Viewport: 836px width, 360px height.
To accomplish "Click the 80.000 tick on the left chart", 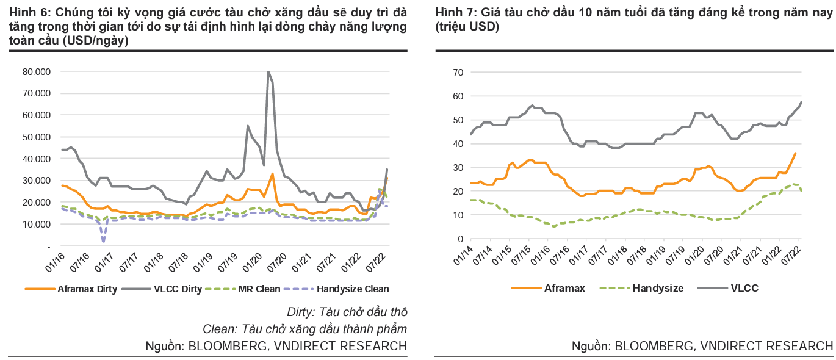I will coord(37,71).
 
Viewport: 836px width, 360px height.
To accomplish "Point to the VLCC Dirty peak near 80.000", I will coord(268,72).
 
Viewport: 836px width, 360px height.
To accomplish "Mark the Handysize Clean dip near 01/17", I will coord(103,241).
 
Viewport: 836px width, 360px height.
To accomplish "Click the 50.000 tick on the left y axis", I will coord(37,137).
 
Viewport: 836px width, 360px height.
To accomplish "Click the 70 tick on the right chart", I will coord(458,73).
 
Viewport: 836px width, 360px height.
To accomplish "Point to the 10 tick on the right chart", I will coord(458,215).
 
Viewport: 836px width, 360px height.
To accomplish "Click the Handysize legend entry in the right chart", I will coord(658,288).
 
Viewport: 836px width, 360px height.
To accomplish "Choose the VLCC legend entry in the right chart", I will coord(744,288).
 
